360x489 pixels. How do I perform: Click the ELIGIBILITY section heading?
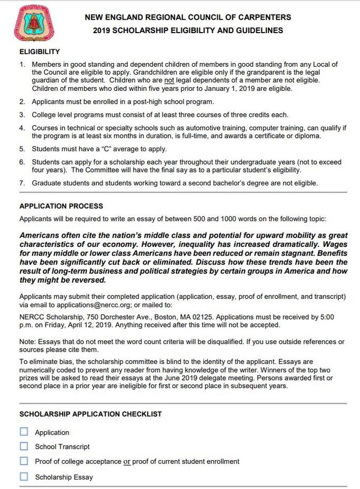[x=39, y=52]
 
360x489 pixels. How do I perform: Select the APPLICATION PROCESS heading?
[x=61, y=206]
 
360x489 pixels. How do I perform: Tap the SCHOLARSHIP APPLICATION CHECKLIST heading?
[x=90, y=414]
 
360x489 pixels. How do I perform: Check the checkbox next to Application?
[x=24, y=432]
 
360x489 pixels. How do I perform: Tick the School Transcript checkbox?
[x=24, y=446]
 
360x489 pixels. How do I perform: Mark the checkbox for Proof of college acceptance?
[x=24, y=461]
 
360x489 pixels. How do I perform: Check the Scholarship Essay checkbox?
[x=24, y=477]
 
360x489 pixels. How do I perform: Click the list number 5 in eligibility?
[x=22, y=149]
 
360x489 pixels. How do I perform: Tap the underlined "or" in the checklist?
[x=127, y=461]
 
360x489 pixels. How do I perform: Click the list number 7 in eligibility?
[x=22, y=183]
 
